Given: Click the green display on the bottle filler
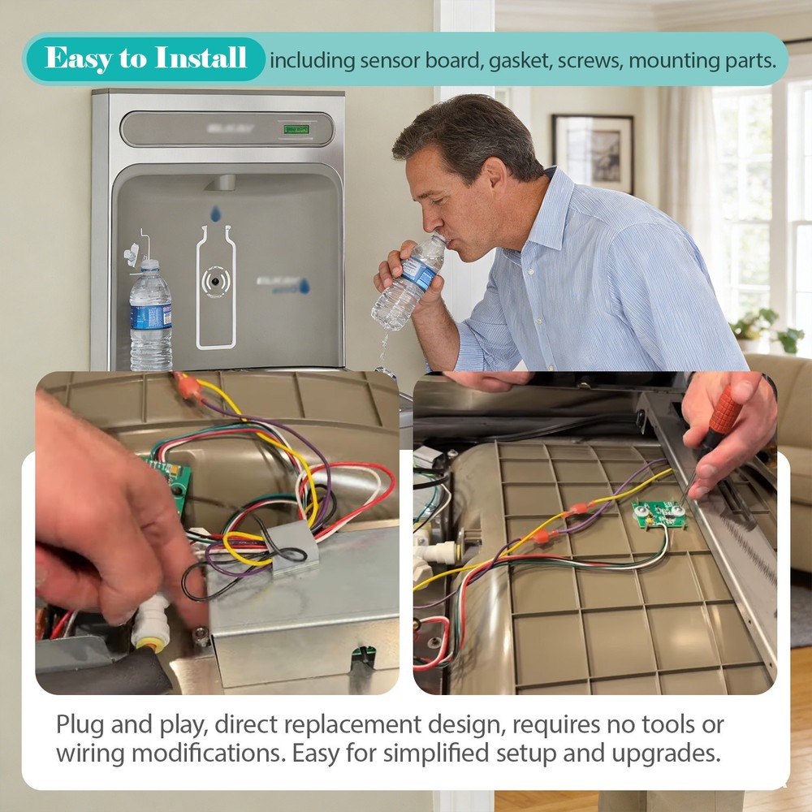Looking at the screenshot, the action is pos(296,129).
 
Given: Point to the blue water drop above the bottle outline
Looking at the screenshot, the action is pos(215,213).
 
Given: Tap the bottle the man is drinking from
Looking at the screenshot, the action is pos(408,283).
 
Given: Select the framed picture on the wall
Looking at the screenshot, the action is pos(593,153).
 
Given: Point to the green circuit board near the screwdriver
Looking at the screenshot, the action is pos(659,514).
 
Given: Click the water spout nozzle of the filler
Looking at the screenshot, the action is pos(223,182).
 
